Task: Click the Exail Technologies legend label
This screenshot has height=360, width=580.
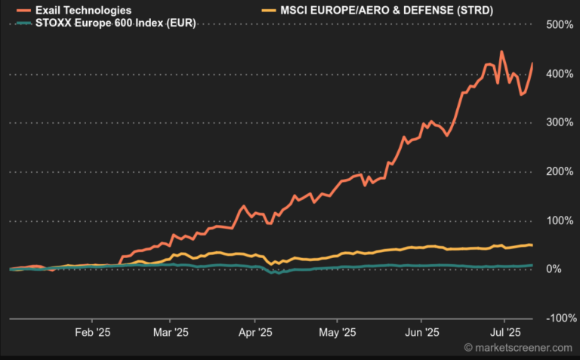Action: [x=83, y=11]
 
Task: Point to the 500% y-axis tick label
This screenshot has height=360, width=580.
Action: [x=560, y=25]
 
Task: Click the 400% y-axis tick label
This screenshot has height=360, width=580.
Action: [x=560, y=74]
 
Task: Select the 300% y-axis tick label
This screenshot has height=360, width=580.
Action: [x=560, y=122]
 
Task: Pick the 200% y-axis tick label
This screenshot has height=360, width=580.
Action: [x=560, y=171]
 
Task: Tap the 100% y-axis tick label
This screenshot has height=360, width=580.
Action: [x=560, y=220]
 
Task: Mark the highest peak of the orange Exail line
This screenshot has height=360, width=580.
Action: [x=501, y=52]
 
